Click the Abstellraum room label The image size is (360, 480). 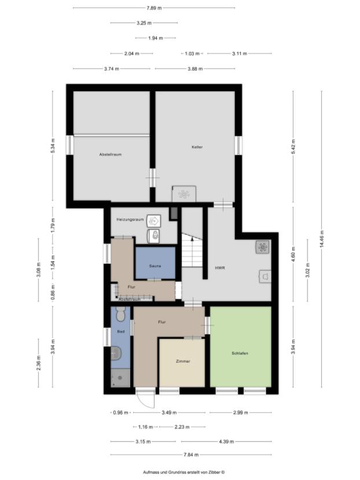(110, 154)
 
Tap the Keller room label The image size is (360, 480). (197, 147)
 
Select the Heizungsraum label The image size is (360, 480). (129, 220)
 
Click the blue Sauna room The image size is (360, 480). (155, 265)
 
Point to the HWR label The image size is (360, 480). (220, 268)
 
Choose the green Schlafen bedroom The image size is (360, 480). (240, 353)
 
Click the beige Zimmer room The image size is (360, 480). (182, 361)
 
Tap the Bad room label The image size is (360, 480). (120, 332)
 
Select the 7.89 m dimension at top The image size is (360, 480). (155, 8)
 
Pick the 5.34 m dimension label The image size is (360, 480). (53, 145)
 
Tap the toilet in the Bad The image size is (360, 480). (120, 315)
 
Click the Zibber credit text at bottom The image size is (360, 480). (179, 472)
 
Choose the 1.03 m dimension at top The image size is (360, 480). (192, 53)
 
